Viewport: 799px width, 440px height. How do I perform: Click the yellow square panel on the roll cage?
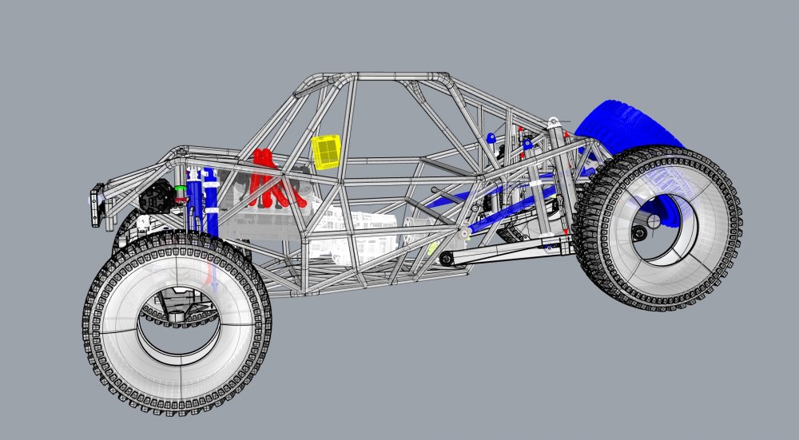(x=326, y=151)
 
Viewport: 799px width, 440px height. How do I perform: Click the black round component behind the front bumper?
(x=156, y=195)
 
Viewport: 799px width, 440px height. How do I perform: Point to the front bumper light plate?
(x=97, y=204)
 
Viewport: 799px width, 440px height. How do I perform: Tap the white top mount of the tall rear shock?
(x=553, y=122)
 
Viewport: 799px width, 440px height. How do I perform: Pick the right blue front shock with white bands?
(x=212, y=204)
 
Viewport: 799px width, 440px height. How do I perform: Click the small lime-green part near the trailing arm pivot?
(x=433, y=248)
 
